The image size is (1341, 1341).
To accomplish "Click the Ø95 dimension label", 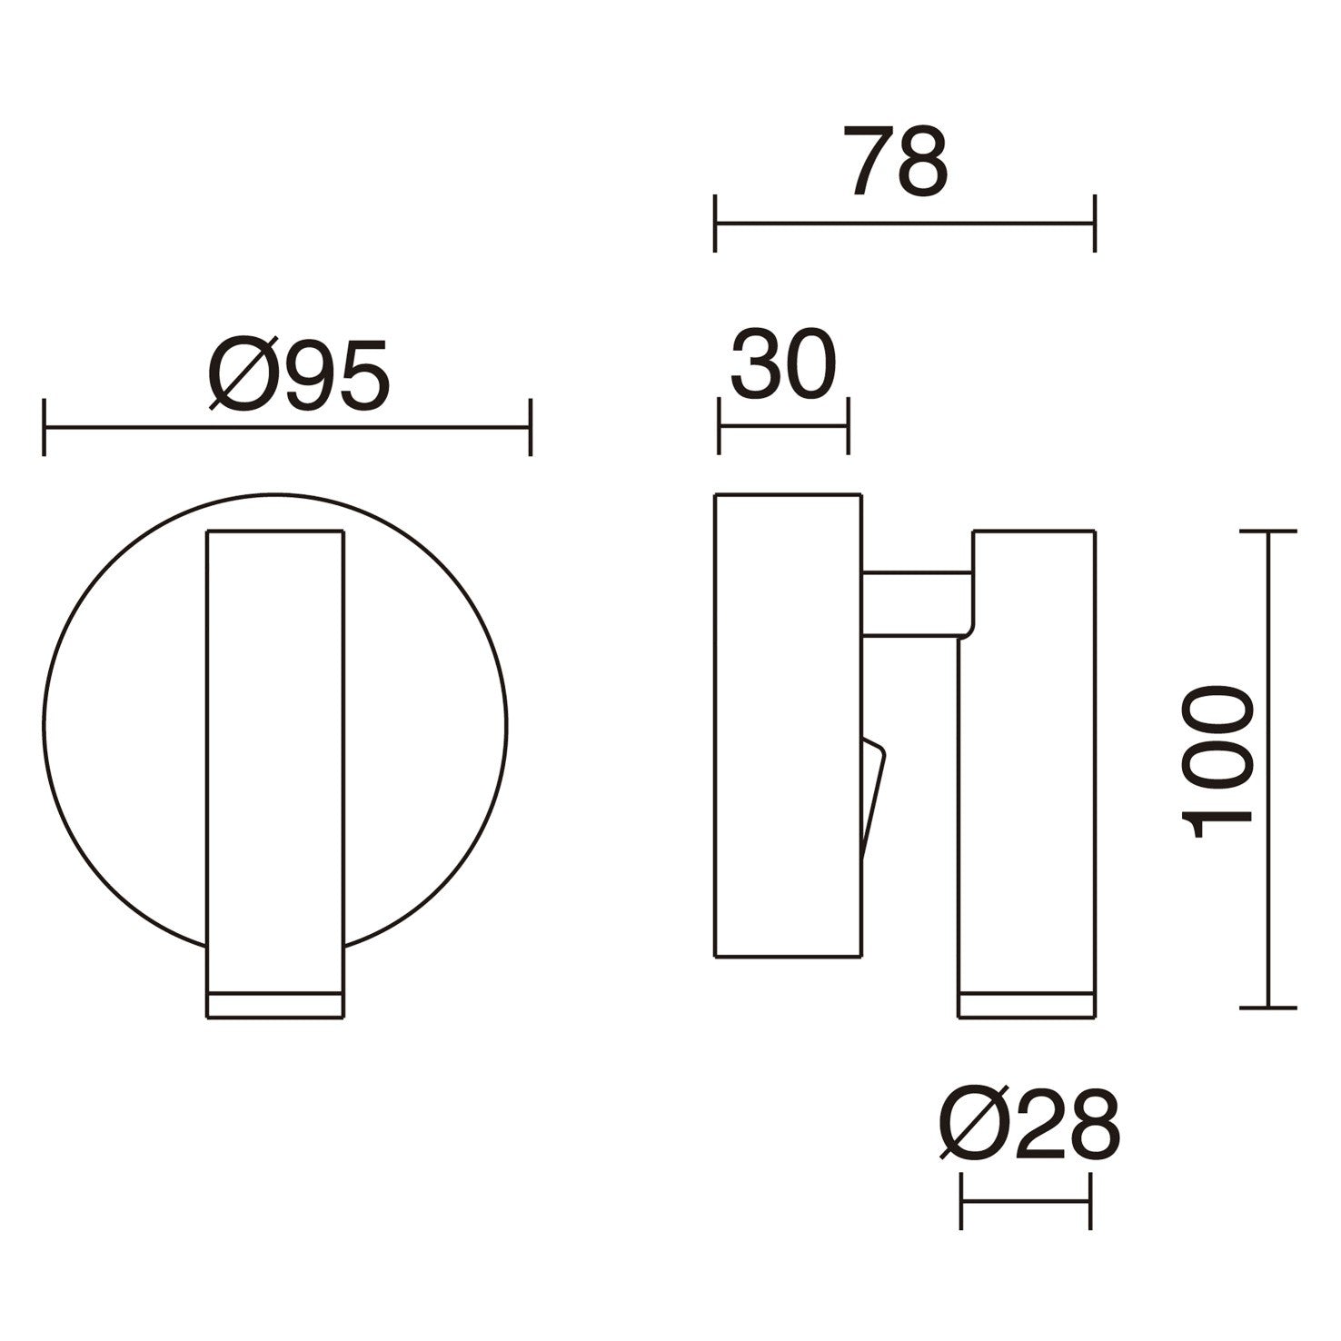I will point(300,374).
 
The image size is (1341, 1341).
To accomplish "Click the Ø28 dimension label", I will point(1029,1125).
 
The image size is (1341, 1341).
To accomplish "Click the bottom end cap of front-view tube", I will point(275,1005).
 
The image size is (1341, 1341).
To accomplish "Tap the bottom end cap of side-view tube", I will point(1026,1005).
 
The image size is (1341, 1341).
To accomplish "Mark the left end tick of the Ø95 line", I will point(44,426).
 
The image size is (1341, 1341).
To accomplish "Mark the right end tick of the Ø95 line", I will point(530,426).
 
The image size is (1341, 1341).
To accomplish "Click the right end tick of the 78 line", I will point(1095,223).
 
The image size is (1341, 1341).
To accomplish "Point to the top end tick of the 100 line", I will point(1267,530).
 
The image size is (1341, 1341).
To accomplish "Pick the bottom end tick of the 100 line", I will point(1267,1007).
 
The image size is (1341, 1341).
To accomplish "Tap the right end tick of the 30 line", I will point(848,424).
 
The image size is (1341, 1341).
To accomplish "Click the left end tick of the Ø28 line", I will point(961,1201).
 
